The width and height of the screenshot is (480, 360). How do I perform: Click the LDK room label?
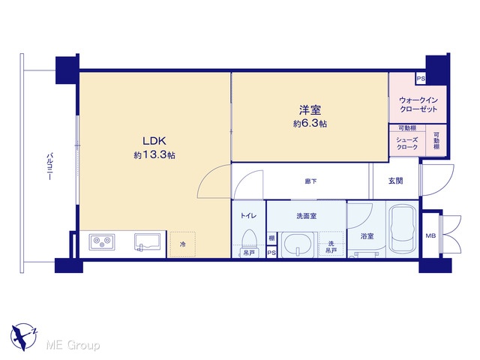[x=154, y=141]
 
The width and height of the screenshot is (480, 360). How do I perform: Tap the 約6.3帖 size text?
[x=310, y=123]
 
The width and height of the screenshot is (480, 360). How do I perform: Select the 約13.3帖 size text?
[x=154, y=155]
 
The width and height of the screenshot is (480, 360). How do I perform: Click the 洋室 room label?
[x=310, y=109]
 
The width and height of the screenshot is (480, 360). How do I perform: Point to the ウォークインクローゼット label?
[x=418, y=105]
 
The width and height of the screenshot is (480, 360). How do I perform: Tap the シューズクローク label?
[x=406, y=143]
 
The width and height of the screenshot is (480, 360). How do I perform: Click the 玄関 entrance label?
[x=395, y=181]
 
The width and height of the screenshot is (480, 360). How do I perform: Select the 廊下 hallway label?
[x=310, y=181]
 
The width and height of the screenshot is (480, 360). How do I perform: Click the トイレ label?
[x=248, y=216]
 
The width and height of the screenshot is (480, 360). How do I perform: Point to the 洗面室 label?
[x=306, y=216]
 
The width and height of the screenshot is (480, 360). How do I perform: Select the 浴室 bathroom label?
[x=367, y=236]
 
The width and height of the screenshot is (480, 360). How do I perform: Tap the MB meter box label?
[x=430, y=235]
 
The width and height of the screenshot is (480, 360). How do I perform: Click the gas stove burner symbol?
[x=102, y=241]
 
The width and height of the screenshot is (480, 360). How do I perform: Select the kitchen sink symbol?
[x=147, y=242]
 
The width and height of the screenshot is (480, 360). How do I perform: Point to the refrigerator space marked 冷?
[x=182, y=244]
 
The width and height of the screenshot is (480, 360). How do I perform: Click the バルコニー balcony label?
[x=49, y=166]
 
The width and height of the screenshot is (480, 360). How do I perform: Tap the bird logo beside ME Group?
[x=23, y=337]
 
